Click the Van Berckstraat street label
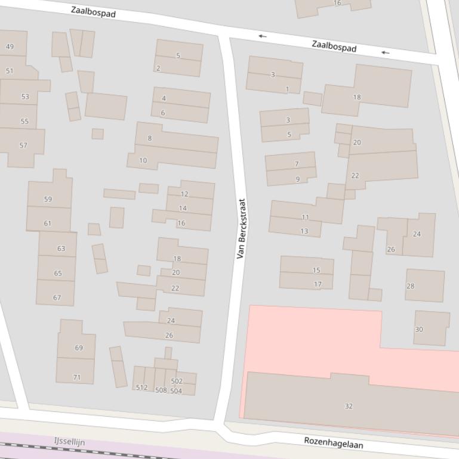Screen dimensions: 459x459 pyautogui.click(x=241, y=228)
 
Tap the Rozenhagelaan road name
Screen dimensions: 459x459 pyautogui.click(x=333, y=443)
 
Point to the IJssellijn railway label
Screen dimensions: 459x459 pyautogui.click(x=69, y=442)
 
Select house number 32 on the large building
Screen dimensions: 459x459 pyautogui.click(x=349, y=406)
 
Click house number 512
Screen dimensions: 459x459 pyautogui.click(x=141, y=387)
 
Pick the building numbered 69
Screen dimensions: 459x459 pyautogui.click(x=79, y=348)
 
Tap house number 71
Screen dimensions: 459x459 pyautogui.click(x=76, y=377)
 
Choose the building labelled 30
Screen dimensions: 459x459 pyautogui.click(x=419, y=329)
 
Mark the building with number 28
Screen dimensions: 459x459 pyautogui.click(x=410, y=286)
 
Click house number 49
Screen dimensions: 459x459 pyautogui.click(x=10, y=46)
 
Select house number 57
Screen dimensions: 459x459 pyautogui.click(x=23, y=145)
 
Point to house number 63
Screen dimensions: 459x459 pyautogui.click(x=61, y=249)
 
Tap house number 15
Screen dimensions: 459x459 pyautogui.click(x=316, y=270)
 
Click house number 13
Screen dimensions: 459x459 pyautogui.click(x=304, y=231)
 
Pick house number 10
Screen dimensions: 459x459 pyautogui.click(x=143, y=160)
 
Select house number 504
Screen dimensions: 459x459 pyautogui.click(x=175, y=392)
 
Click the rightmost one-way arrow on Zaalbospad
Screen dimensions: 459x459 pyautogui.click(x=386, y=52)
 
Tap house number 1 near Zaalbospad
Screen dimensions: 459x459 pyautogui.click(x=287, y=89)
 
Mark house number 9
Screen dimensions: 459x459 pyautogui.click(x=298, y=179)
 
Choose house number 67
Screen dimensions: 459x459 pyautogui.click(x=57, y=297)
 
